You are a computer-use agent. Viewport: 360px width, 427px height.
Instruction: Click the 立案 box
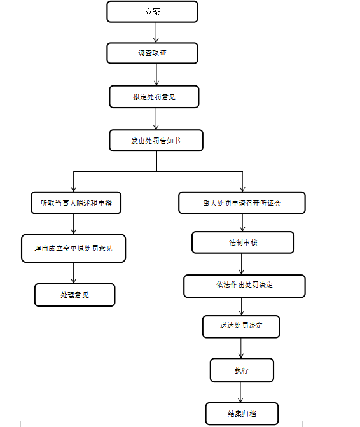(x=153, y=11)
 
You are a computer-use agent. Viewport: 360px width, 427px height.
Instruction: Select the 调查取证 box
(x=153, y=53)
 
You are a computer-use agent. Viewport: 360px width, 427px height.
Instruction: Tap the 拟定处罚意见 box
(x=154, y=97)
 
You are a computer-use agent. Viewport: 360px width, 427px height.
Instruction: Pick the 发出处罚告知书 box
(x=156, y=141)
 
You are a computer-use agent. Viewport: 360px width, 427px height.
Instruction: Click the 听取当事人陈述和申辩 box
(x=76, y=203)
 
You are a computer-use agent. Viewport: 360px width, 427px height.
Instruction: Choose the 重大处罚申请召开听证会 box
(x=242, y=203)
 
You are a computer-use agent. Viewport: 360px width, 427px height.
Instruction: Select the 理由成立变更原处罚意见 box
(x=74, y=248)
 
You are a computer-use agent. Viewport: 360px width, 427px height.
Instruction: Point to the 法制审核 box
(x=243, y=242)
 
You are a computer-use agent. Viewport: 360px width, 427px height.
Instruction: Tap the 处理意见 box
(x=75, y=295)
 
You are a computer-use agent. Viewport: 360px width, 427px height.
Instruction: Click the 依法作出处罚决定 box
(x=245, y=286)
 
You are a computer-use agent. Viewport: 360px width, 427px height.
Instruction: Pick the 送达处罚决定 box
(x=241, y=326)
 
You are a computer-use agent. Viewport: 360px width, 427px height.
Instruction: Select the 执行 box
(x=242, y=370)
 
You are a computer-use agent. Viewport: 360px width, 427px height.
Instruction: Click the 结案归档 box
(x=242, y=414)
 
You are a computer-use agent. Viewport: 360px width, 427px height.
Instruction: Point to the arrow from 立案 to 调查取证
(x=156, y=32)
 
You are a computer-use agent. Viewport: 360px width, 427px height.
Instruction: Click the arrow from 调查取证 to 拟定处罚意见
(x=156, y=74)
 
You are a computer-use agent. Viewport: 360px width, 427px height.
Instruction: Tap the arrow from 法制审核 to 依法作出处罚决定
(x=241, y=264)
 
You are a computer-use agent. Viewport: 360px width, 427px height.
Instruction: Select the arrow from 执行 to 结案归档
(x=240, y=392)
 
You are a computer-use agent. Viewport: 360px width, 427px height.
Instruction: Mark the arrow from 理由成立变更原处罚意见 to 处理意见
(x=74, y=273)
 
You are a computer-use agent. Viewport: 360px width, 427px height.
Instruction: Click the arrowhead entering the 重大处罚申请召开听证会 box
(x=242, y=189)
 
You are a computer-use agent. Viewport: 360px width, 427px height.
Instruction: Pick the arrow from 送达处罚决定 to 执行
(x=241, y=348)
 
